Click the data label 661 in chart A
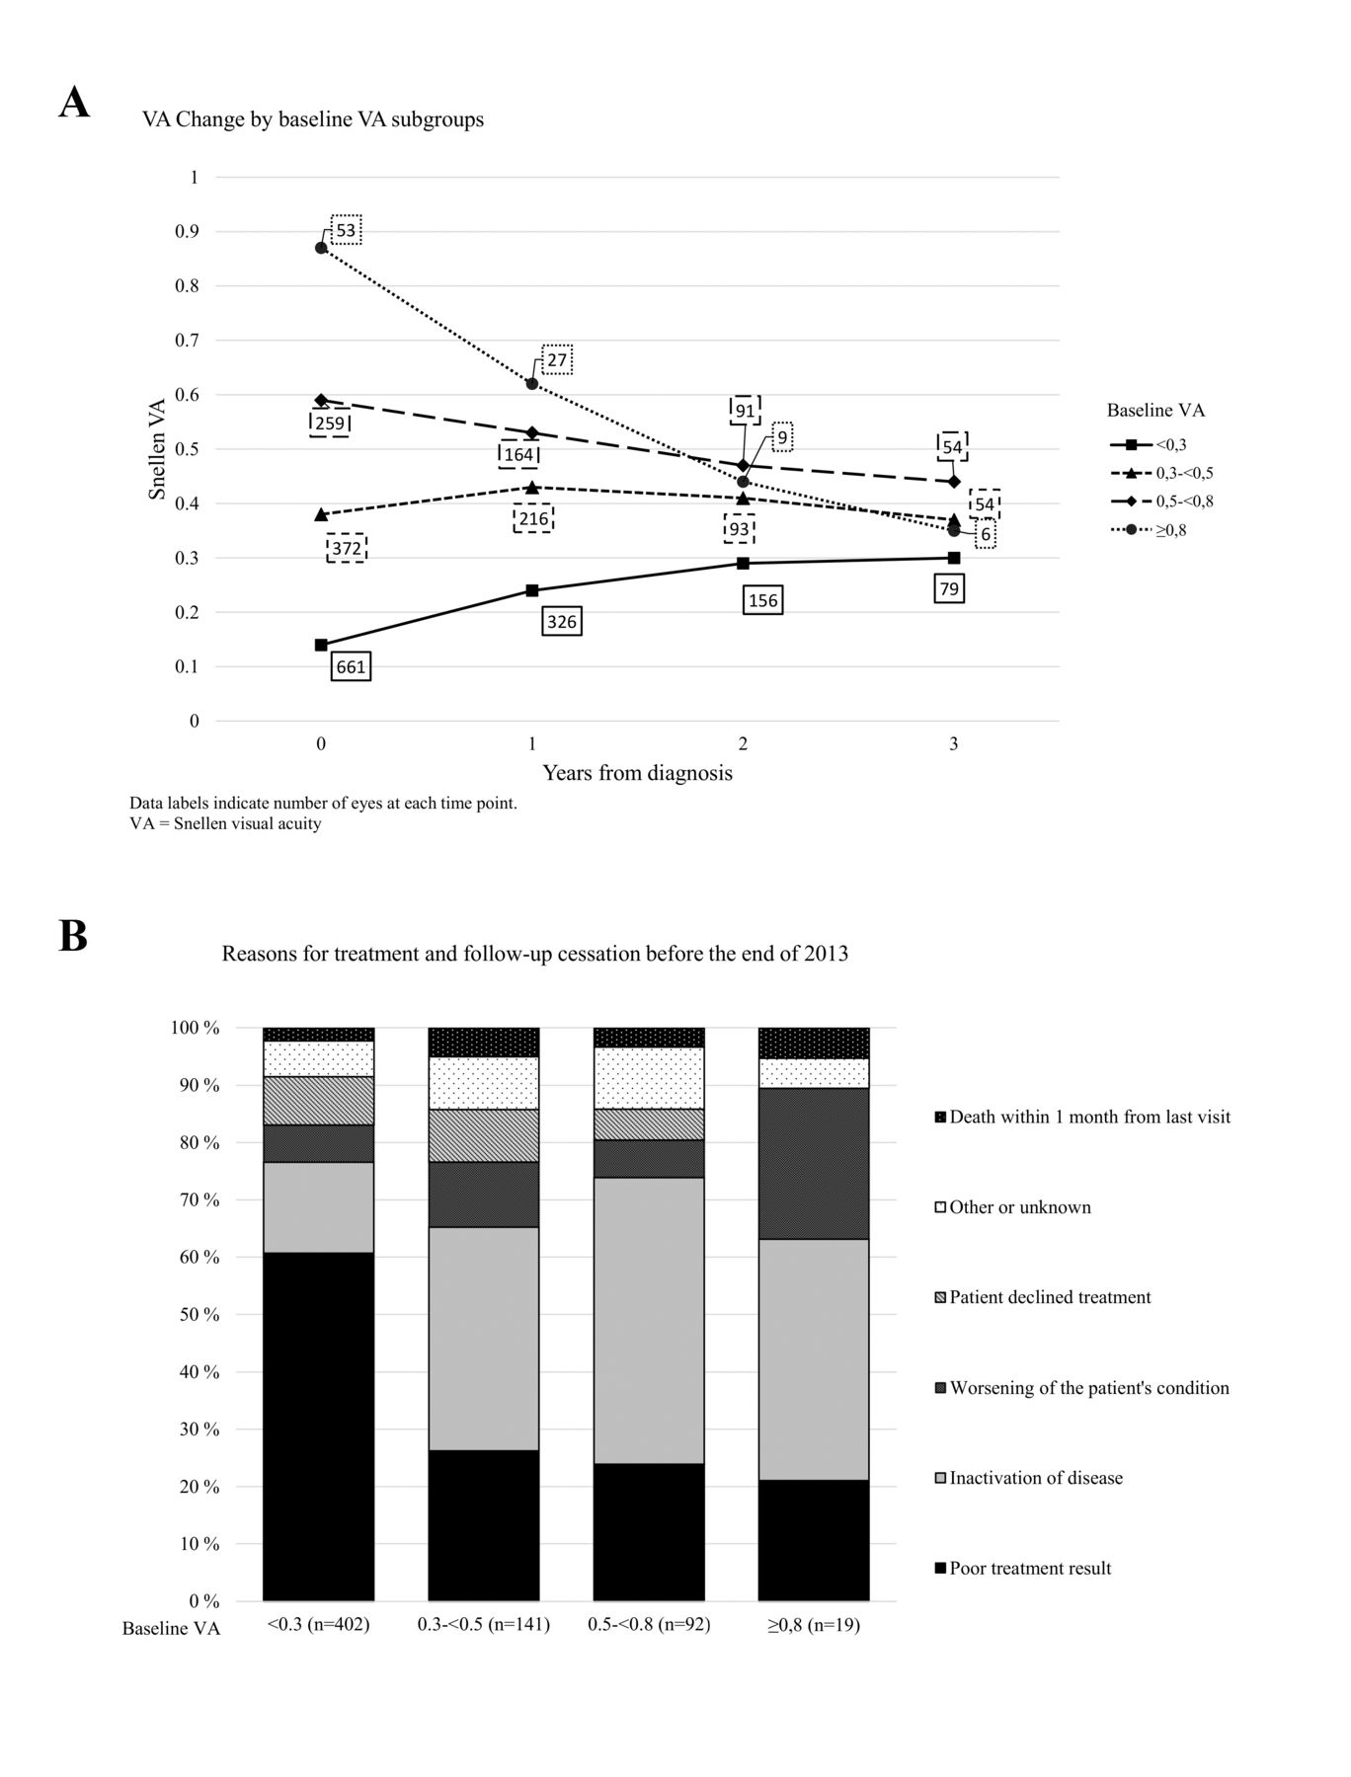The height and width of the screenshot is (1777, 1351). [351, 666]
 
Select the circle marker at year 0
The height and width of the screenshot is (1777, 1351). [321, 248]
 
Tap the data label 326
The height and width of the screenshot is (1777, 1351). [562, 621]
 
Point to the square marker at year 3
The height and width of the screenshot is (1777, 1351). [954, 558]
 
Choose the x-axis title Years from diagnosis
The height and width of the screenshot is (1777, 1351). [637, 773]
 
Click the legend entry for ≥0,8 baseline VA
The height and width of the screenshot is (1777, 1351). [1149, 531]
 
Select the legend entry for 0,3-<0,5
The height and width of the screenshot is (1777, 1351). [1161, 473]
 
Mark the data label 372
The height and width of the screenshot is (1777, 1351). [346, 548]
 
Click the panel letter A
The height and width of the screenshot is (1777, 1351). [74, 103]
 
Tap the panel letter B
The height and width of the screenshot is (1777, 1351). [73, 936]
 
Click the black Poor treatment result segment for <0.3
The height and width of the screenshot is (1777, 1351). [318, 1427]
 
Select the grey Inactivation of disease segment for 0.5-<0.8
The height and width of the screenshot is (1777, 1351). [649, 1321]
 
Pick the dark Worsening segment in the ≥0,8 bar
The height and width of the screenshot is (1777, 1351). [814, 1164]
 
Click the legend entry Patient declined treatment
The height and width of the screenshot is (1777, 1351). [1043, 1297]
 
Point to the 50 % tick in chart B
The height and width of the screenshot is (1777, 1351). [197, 1315]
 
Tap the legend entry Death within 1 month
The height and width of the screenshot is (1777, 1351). [1082, 1118]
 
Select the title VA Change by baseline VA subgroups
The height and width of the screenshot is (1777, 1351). [313, 119]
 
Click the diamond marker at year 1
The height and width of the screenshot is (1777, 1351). [532, 432]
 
